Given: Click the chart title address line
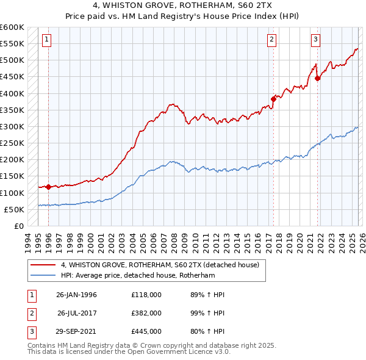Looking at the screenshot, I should pos(183,6).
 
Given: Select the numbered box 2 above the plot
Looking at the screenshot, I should pos(272,40).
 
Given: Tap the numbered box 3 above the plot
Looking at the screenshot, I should pos(316,40).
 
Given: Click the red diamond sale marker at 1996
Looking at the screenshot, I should pos(48,187).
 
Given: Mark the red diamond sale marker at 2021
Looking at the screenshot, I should pos(317,78).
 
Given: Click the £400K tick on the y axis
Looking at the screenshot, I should pos(12,93).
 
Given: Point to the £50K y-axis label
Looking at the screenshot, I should pos(14,209).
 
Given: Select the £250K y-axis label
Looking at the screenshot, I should pos(12,143).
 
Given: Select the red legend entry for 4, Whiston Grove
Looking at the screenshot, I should pos(160,265).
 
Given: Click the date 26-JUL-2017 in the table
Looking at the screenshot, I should pos(77,312).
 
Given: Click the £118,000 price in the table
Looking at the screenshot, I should pos(146,295).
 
